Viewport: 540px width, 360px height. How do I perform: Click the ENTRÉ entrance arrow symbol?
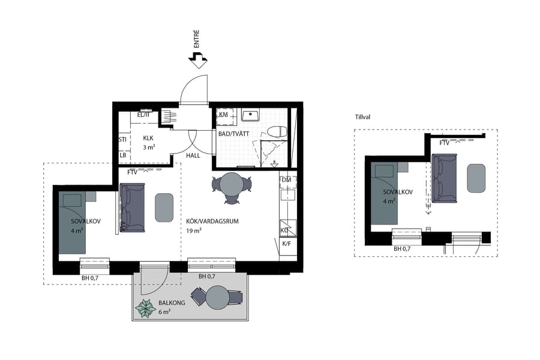197,58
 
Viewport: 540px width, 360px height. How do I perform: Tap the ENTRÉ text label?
197,38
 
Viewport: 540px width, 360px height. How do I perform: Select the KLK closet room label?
148,137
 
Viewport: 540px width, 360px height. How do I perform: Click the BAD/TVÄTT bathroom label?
233,133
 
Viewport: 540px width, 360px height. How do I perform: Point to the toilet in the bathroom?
277,132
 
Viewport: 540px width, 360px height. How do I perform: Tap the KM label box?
223,115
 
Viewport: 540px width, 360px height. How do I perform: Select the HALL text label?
193,155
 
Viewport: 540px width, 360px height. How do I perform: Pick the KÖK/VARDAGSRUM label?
212,221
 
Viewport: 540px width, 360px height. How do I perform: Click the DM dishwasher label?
286,180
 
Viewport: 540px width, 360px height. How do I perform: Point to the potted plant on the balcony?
145,308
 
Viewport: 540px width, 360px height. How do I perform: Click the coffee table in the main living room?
164,207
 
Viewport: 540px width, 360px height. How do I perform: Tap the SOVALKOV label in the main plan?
85,221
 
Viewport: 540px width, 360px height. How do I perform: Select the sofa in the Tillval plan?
445,177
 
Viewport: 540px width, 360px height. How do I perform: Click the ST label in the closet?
122,139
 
